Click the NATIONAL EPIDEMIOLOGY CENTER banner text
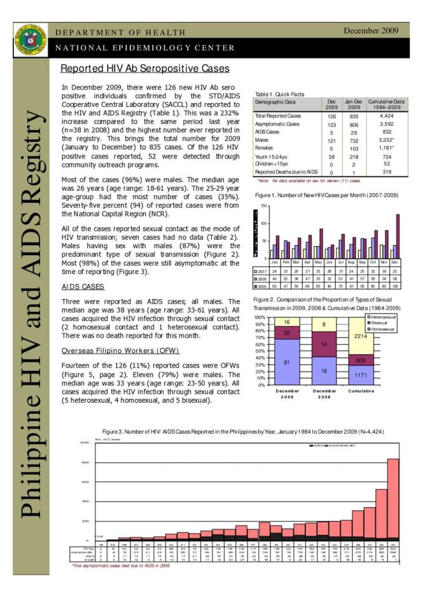pyautogui.click(x=146, y=48)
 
